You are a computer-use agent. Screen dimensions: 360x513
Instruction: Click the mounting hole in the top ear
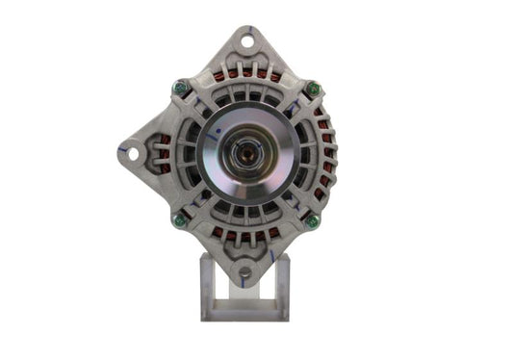coord(245,40)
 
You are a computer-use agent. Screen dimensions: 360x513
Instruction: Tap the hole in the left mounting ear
coord(128,152)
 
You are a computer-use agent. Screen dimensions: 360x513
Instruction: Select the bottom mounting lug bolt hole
coord(244,272)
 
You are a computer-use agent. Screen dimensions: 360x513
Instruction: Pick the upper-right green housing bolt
coord(313,90)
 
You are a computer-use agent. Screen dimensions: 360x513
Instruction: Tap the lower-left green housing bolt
coord(178,219)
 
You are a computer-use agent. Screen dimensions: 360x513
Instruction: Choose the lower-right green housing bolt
coord(312,221)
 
